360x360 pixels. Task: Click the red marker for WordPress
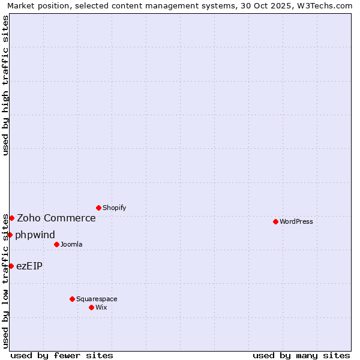275,221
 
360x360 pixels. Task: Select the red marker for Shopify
98,208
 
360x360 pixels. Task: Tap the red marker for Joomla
56,244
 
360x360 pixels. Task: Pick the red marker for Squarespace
72,299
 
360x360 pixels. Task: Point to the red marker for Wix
91,307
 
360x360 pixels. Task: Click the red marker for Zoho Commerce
11,218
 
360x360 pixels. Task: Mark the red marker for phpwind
10,235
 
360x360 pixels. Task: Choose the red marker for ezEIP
11,266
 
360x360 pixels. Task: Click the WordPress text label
296,221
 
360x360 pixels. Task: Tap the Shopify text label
115,208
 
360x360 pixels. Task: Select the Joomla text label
71,244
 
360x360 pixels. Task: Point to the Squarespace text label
97,299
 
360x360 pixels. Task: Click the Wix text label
101,307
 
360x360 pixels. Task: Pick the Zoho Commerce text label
56,218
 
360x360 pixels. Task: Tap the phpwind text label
35,235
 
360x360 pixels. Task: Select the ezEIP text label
29,266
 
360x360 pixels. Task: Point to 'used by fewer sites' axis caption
62,356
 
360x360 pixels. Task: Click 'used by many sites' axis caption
301,356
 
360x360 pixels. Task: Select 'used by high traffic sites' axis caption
6,85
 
